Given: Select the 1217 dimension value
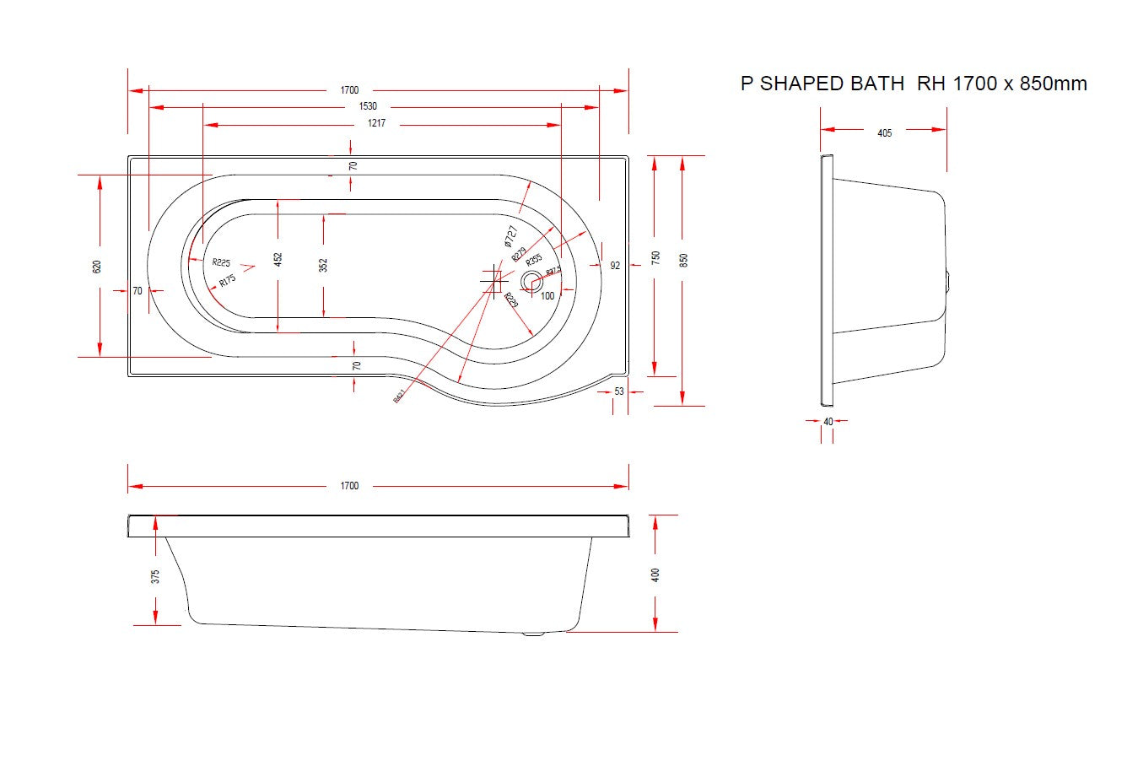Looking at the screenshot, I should coord(376,124).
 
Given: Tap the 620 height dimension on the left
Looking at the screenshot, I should coord(97,266).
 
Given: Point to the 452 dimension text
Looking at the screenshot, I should coord(278,259).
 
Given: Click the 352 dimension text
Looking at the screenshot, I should coord(323,265).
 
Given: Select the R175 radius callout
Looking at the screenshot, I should coord(227,280).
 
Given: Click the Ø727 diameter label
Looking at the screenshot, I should coord(510,236).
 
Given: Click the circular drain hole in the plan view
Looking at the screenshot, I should coord(532,281).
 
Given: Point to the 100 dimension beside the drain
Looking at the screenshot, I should coord(547,296).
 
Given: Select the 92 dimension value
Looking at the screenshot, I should coord(615,266).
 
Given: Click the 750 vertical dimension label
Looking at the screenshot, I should coord(655,257).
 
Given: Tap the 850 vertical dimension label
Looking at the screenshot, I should coord(684,260).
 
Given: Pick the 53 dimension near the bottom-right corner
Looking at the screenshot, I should coord(619,391).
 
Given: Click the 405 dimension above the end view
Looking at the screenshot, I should coord(885,132).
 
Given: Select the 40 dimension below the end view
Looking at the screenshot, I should coord(828,421).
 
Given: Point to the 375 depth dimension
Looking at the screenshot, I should coord(155,577).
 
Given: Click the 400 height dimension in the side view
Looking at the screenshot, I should coord(655,575).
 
